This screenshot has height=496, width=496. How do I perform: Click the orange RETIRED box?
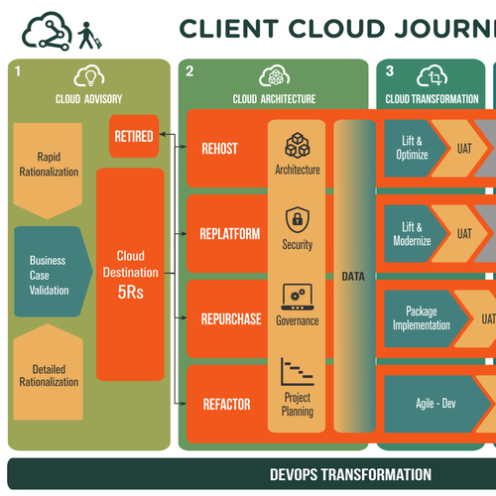[134, 136]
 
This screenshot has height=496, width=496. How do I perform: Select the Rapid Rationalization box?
[48, 167]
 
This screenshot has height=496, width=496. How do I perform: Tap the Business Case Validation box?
[52, 272]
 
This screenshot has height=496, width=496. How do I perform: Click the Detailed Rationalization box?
[49, 374]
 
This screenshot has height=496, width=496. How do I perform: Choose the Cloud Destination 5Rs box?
[130, 275]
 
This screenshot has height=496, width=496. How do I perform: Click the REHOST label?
[220, 149]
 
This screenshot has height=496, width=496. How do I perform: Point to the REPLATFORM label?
[230, 234]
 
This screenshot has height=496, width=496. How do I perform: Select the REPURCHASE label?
[231, 319]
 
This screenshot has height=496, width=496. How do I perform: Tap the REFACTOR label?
[227, 405]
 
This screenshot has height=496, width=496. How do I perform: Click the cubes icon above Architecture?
[298, 146]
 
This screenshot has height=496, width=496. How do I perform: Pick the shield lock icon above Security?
[298, 220]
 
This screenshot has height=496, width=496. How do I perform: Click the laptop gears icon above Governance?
[298, 297]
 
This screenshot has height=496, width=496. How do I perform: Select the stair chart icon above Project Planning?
[298, 372]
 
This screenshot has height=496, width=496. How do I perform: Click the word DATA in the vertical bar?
[353, 277]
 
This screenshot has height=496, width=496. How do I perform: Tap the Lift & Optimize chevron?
[414, 148]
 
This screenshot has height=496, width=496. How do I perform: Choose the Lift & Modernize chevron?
[414, 234]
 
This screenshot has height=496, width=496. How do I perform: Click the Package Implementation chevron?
[425, 318]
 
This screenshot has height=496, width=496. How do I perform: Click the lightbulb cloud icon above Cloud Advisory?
[89, 76]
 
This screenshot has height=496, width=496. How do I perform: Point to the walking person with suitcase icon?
[89, 36]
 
